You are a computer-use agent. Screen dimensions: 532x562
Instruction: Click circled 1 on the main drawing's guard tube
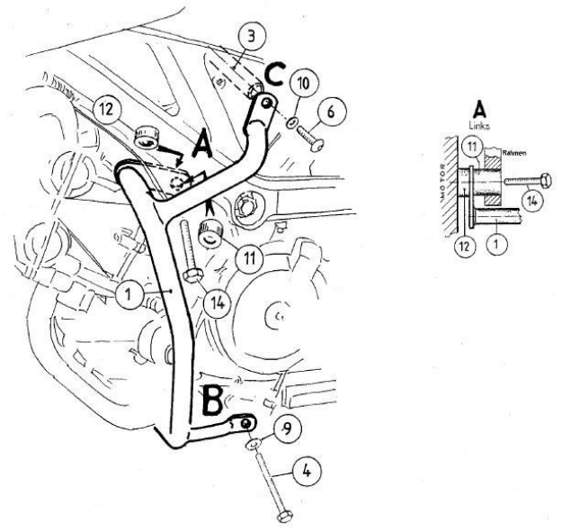point(131,295)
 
